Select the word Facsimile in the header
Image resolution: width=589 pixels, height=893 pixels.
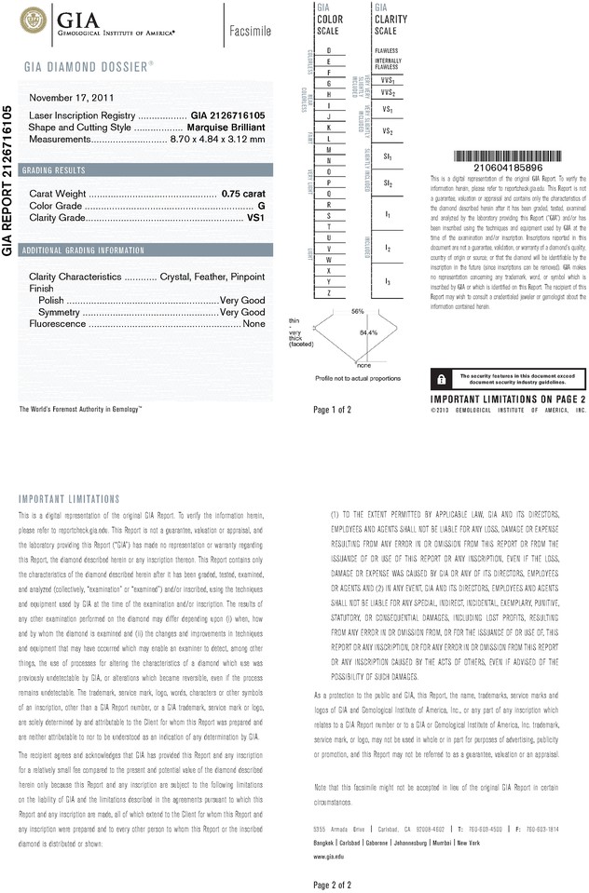pos(250,32)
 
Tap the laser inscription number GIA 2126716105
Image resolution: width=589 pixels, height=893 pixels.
pos(228,115)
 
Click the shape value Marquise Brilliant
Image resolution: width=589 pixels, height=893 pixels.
pos(222,127)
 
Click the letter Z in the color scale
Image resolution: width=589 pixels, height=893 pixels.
pos(329,293)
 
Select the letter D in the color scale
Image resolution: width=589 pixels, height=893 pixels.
pos(329,49)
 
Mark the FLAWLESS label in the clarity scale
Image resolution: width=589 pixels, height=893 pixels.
pos(386,50)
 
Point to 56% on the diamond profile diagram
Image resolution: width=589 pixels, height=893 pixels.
pos(358,310)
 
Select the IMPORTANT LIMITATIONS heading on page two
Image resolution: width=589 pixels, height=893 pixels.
pos(69,499)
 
